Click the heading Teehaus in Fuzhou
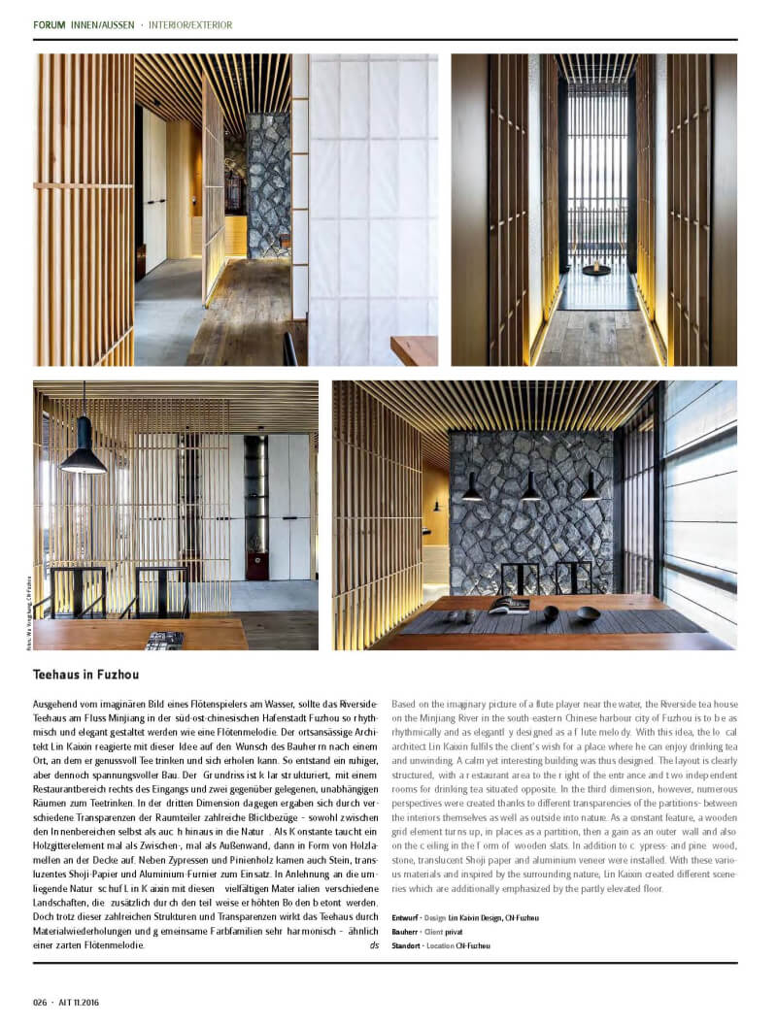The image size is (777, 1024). click(88, 673)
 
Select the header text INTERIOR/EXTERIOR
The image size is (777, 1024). click(190, 24)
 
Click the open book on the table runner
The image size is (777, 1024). click(509, 606)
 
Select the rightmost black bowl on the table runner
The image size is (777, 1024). click(588, 612)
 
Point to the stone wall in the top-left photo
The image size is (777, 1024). click(268, 184)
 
